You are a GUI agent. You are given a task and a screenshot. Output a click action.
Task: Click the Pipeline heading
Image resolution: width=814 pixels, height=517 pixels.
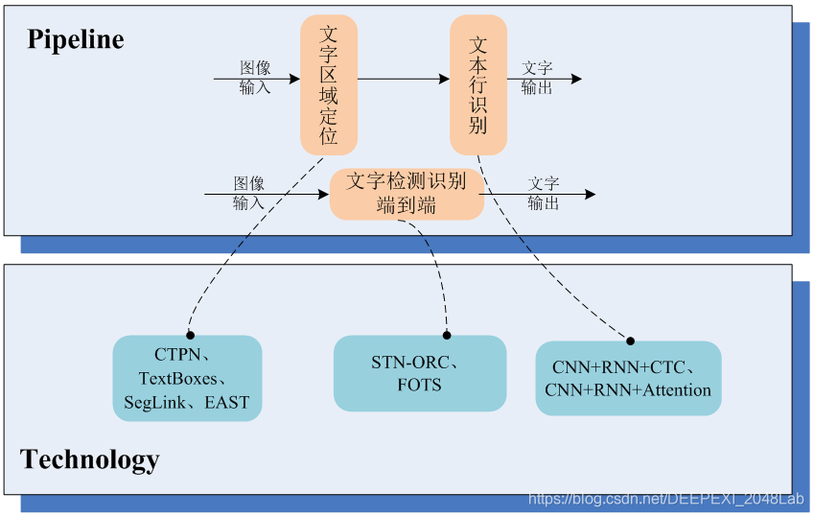[76, 39]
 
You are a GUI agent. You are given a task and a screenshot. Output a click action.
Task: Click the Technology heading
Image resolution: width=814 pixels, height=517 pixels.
[90, 459]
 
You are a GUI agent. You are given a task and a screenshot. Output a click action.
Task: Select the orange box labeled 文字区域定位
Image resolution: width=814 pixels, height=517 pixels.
[329, 85]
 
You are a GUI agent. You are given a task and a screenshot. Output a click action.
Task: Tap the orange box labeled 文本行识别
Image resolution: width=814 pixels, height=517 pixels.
[478, 85]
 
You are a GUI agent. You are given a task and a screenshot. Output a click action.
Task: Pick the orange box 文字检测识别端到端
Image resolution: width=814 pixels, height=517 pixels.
[407, 193]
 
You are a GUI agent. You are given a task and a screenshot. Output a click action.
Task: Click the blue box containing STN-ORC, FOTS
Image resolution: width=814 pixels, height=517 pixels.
[420, 373]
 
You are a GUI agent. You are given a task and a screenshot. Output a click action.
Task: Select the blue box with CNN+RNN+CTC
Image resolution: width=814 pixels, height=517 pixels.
[628, 379]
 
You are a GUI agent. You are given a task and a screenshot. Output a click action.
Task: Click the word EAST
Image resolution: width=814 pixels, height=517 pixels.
[225, 403]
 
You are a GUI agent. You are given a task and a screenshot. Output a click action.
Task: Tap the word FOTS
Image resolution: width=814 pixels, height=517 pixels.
[420, 385]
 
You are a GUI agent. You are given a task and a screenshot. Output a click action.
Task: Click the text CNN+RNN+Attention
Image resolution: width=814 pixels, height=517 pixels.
[628, 390]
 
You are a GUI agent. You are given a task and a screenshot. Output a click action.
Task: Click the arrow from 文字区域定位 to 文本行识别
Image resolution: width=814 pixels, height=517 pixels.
[403, 79]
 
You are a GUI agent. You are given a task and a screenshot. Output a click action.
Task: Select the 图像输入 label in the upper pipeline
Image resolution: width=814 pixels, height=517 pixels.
[255, 78]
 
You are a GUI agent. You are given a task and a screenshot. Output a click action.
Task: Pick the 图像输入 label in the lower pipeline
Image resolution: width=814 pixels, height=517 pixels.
[248, 193]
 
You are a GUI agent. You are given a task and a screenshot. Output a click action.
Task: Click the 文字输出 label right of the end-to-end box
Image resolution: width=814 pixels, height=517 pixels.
[544, 193]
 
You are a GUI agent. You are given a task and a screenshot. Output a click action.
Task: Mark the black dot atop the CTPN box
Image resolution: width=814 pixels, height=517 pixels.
[189, 335]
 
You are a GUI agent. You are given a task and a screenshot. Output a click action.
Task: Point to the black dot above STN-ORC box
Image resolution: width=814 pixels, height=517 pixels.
[447, 335]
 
